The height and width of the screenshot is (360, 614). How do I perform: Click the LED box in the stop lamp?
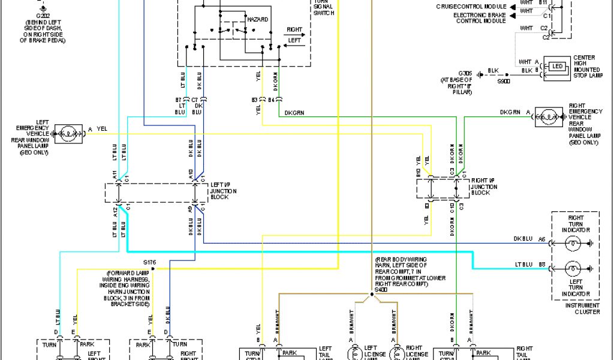[558, 65]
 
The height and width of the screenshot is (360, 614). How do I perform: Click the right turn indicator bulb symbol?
[573, 244]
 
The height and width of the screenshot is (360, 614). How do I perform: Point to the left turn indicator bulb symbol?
[573, 268]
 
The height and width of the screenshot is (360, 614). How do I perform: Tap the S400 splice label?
[381, 290]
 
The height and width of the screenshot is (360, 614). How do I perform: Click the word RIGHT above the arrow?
[294, 29]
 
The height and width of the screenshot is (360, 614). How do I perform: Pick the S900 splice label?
[503, 80]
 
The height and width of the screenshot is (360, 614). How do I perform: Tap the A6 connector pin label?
[541, 239]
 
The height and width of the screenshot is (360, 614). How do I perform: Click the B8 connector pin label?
[541, 263]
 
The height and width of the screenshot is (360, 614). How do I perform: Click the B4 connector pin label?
[271, 99]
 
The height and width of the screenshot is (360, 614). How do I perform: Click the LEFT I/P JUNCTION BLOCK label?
[223, 191]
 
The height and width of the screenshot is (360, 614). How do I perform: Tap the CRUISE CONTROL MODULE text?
[471, 6]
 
